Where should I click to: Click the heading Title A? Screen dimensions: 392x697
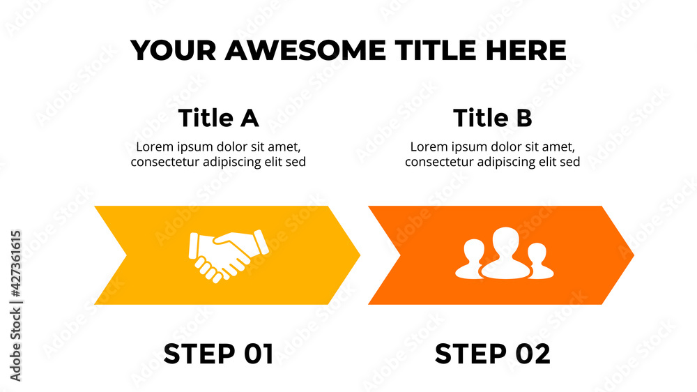pos(218,118)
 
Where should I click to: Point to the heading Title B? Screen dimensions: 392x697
pos(492,118)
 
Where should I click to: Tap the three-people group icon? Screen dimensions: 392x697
pos(501,255)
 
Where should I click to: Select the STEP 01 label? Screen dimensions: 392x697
pos(218,354)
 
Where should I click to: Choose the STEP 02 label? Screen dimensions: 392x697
pos(492,354)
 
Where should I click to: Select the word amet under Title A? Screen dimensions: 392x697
pos(284,147)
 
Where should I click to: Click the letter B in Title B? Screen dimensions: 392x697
pos(523,118)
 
